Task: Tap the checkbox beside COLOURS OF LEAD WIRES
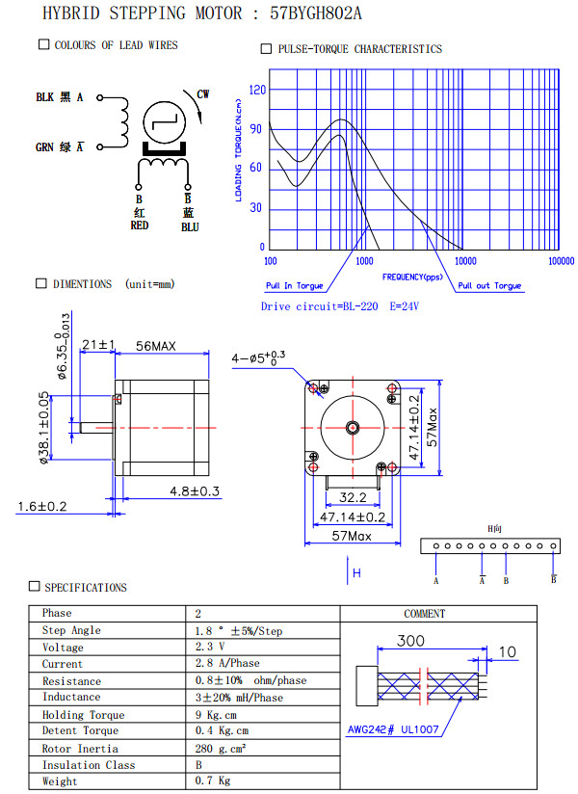point(43,44)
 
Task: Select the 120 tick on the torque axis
point(256,90)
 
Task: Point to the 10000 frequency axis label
point(465,261)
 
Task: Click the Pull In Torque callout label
point(295,286)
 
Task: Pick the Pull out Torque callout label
point(488,286)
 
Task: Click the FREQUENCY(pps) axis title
point(412,277)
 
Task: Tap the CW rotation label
point(203,94)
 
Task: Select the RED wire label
point(140,225)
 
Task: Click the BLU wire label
point(190,226)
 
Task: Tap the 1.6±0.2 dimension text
point(42,507)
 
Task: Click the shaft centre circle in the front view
point(353,427)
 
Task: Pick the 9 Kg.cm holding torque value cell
point(217,715)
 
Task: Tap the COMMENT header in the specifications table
point(424,613)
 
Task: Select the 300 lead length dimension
point(411,641)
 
